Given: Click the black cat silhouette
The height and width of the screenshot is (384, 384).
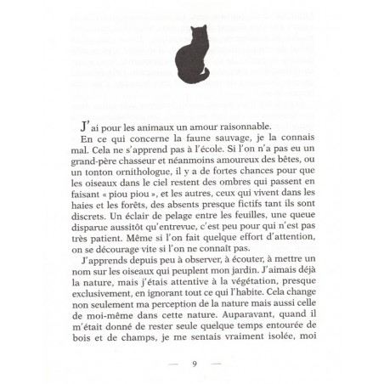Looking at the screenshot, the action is point(191,58).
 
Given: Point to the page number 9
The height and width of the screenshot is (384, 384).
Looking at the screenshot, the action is point(195,364).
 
